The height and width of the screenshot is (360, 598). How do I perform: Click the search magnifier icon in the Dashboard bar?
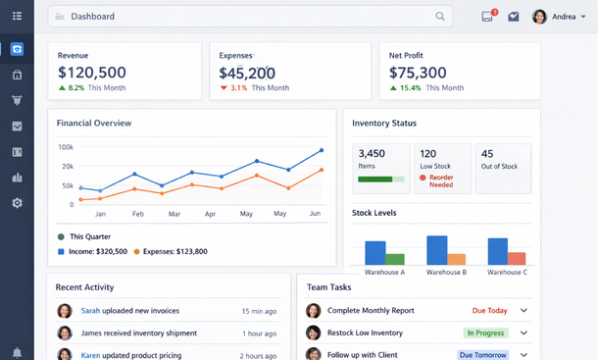tap(440, 17)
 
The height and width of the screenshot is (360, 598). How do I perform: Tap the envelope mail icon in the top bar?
tap(514, 17)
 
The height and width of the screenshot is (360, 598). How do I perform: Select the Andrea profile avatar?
tap(539, 17)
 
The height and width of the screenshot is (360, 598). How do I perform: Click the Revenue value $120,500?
tap(92, 73)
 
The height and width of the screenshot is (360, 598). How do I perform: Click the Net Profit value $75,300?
tap(418, 73)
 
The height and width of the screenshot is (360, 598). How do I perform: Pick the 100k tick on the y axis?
tap(66, 147)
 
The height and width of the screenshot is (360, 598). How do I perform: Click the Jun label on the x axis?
tap(315, 213)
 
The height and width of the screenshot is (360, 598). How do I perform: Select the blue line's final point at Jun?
tap(322, 151)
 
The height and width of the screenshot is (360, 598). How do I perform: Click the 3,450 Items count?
tap(372, 154)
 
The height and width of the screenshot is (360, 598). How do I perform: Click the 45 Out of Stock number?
tap(487, 154)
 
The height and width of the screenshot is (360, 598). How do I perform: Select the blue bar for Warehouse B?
tap(436, 250)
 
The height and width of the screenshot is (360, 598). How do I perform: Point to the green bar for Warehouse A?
tap(395, 259)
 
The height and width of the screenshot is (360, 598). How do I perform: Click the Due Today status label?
tap(490, 311)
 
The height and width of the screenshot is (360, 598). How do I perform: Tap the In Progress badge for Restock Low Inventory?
tap(485, 333)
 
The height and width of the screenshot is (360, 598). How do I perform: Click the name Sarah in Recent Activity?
tap(90, 311)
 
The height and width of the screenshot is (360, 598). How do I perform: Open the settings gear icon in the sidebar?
tap(17, 203)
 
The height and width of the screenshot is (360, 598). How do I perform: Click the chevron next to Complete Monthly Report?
tap(524, 311)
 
